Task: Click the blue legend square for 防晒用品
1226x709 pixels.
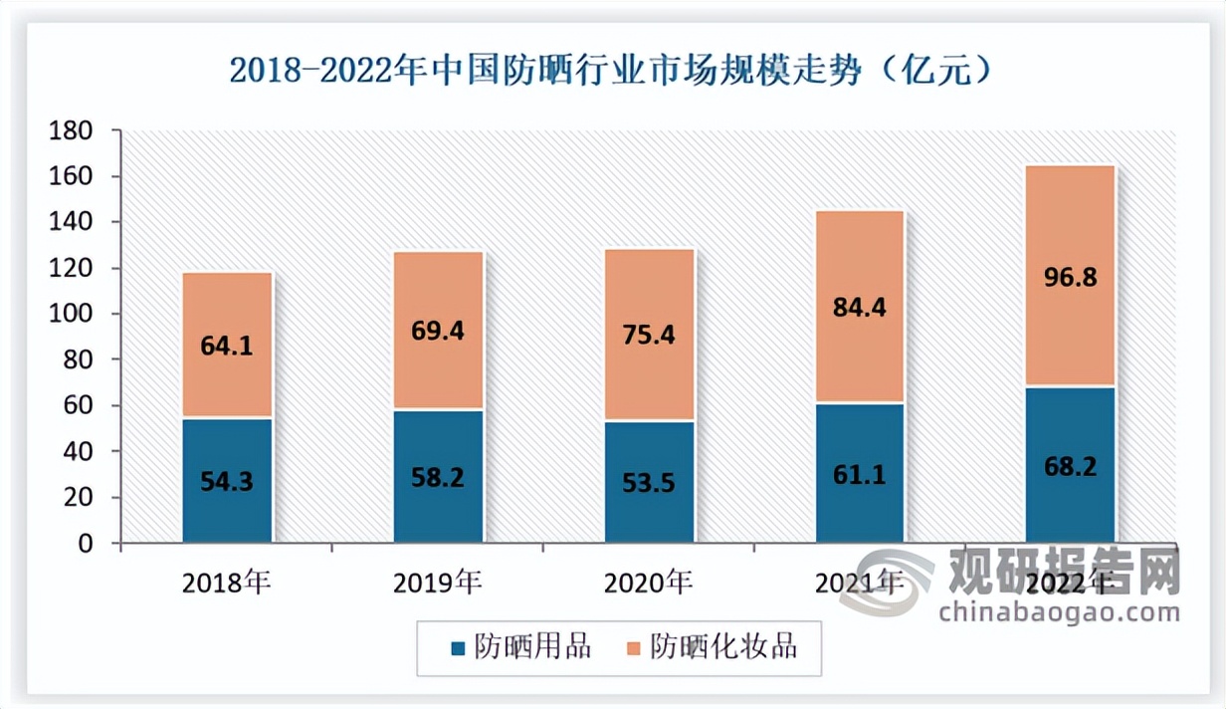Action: (458, 648)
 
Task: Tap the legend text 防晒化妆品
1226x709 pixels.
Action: (723, 647)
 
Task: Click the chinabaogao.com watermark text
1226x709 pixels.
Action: (1059, 609)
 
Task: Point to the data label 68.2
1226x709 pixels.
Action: (1071, 466)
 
